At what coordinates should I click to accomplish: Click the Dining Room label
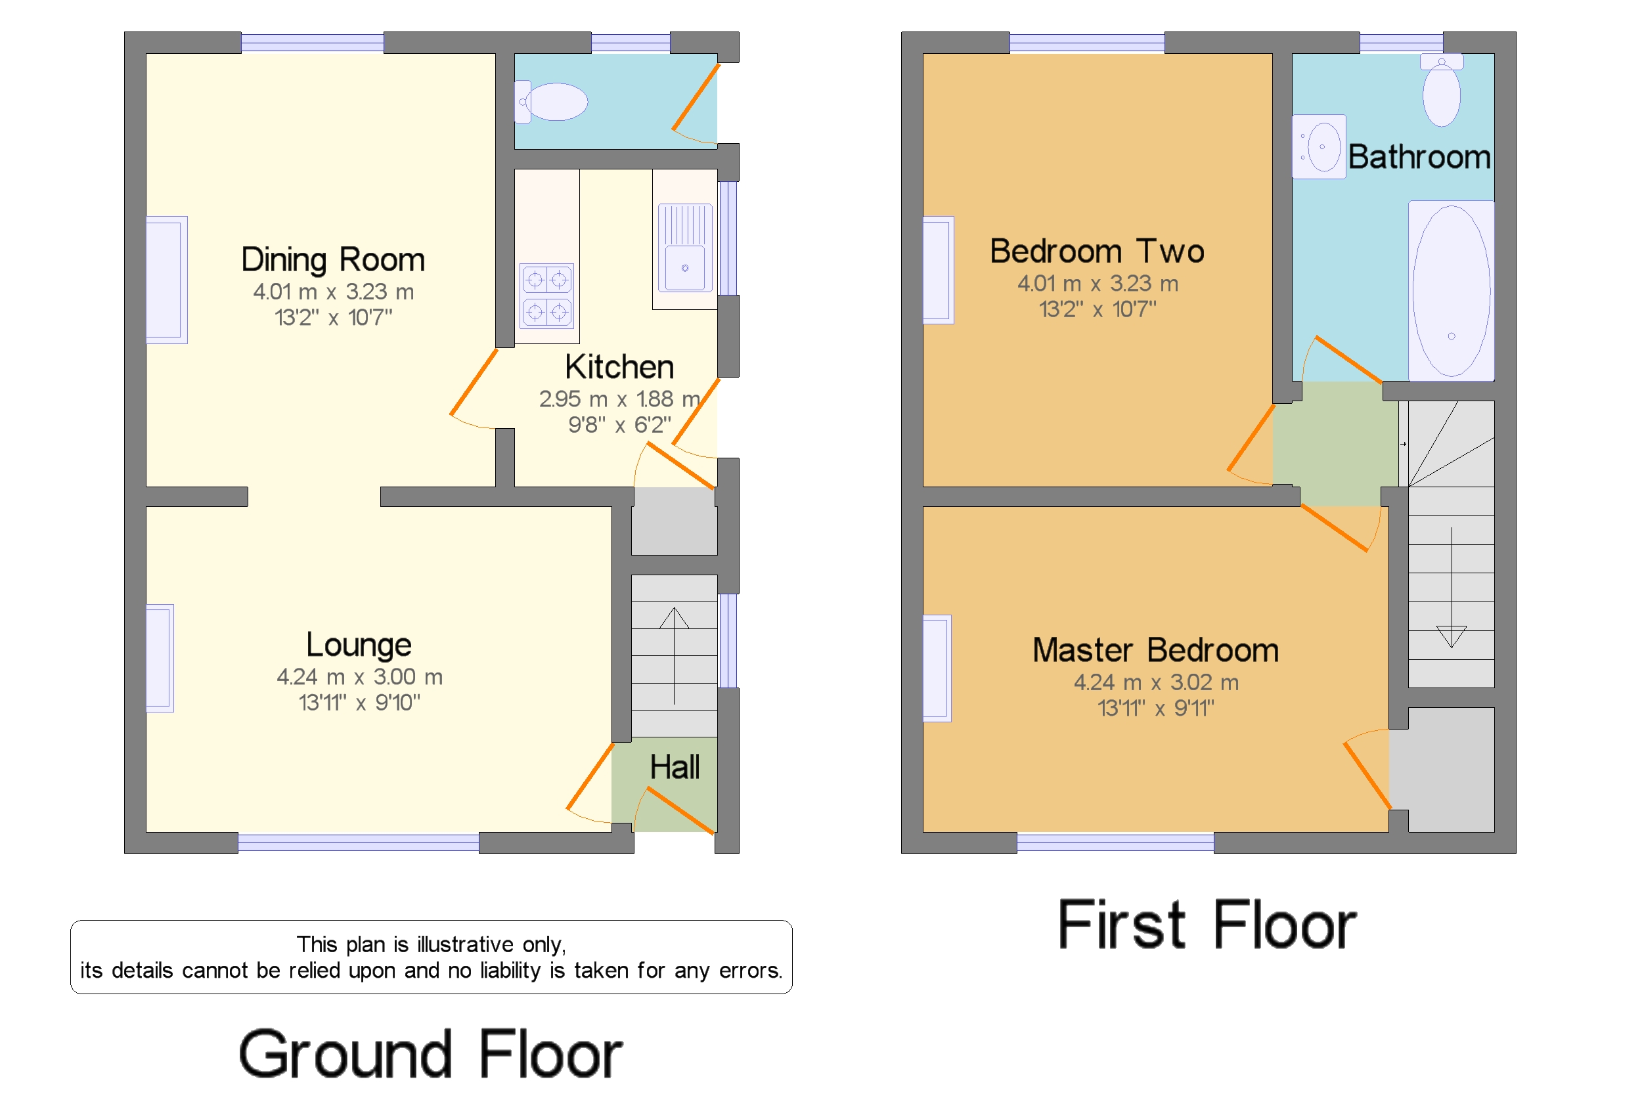(x=333, y=259)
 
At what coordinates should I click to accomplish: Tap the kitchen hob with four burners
(x=546, y=295)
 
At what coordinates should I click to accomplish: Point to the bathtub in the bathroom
(x=1451, y=291)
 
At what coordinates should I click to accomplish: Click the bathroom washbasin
(x=1320, y=147)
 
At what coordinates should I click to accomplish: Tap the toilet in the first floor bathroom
(x=1441, y=93)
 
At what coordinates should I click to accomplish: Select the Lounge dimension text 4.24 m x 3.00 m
(x=359, y=677)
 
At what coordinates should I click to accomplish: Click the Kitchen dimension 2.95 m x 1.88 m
(x=619, y=399)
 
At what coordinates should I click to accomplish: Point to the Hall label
(x=674, y=768)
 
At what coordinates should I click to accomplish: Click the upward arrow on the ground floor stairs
(x=674, y=619)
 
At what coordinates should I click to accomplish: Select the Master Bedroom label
(x=1155, y=650)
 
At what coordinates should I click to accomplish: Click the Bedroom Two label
(x=1096, y=251)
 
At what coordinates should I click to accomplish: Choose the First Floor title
(x=1207, y=925)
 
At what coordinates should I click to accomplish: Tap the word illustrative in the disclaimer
(x=466, y=945)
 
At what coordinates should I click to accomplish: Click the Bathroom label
(x=1418, y=157)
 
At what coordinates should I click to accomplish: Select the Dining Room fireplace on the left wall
(x=166, y=280)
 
